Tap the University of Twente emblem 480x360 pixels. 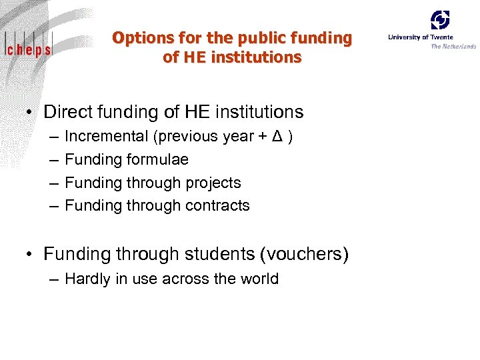coord(439,20)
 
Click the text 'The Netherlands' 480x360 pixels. coord(453,47)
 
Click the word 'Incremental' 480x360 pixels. coord(106,137)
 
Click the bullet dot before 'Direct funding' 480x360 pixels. coord(31,113)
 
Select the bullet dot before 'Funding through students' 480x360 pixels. coord(31,255)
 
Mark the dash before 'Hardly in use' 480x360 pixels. coord(53,279)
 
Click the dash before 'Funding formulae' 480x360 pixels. coord(53,160)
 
